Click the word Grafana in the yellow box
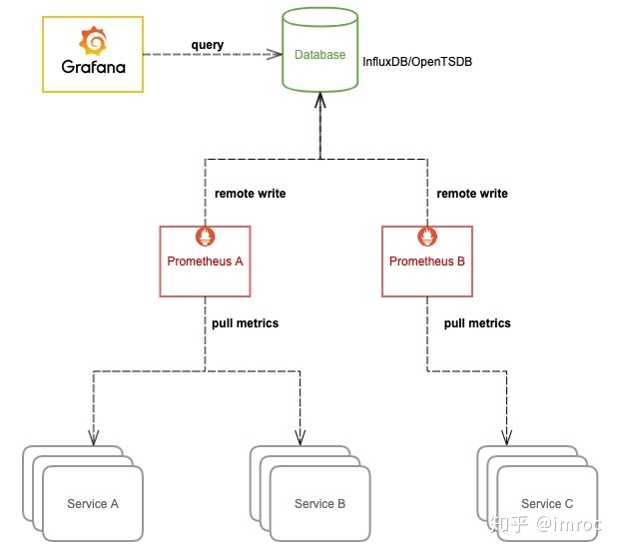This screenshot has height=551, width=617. tap(93, 70)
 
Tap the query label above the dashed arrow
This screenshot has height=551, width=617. tap(208, 45)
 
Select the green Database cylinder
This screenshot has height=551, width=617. tap(319, 55)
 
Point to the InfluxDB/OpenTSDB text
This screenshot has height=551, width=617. tap(417, 62)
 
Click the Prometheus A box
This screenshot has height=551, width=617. tap(206, 262)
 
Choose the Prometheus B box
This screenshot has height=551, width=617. tap(427, 262)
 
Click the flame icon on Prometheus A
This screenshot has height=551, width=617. tap(206, 237)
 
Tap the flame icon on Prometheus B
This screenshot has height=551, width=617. tap(427, 237)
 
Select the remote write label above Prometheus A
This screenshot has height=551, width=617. tap(250, 194)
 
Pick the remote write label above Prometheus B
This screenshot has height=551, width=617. tap(472, 194)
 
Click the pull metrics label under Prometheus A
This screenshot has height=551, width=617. tap(245, 323)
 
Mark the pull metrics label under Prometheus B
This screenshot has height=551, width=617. tap(477, 323)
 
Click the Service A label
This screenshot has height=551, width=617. tap(93, 503)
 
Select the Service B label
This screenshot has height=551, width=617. tap(319, 503)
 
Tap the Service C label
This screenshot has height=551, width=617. tap(547, 503)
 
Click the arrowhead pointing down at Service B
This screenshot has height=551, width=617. tap(300, 436)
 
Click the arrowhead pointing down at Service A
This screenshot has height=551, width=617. tap(94, 436)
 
